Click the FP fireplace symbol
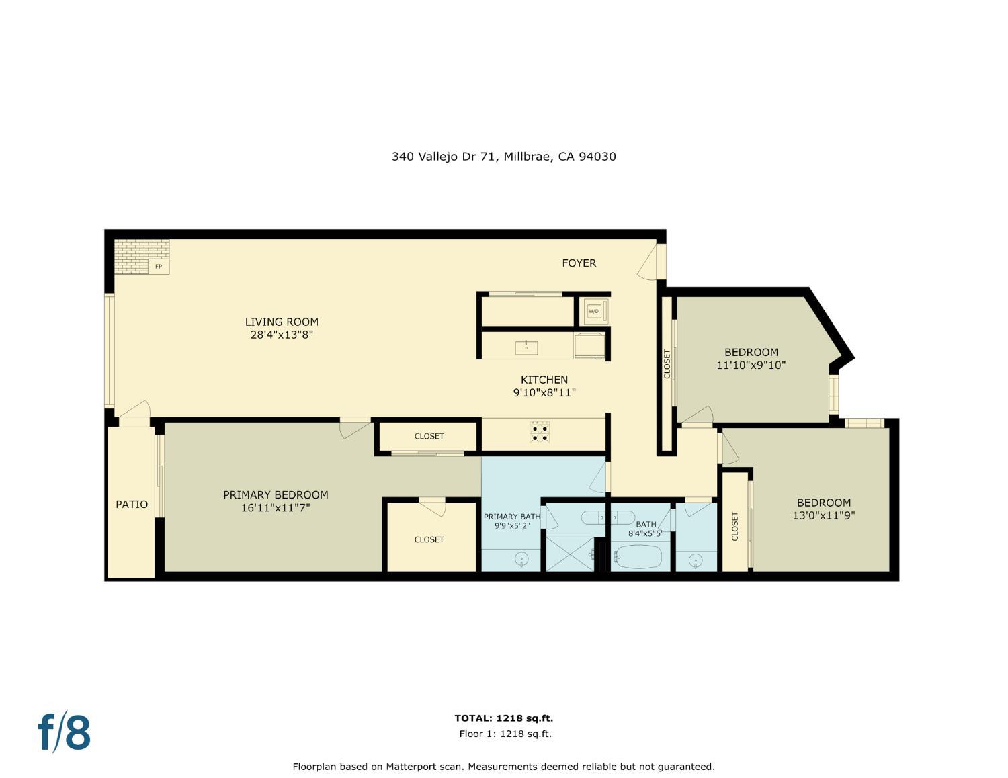click(x=159, y=266)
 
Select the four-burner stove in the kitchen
click(x=540, y=432)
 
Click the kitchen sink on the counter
click(x=526, y=347)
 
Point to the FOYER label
click(x=579, y=263)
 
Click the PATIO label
click(x=132, y=505)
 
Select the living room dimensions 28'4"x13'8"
click(x=282, y=335)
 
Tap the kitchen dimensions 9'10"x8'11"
click(x=544, y=392)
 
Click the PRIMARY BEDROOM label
click(x=276, y=495)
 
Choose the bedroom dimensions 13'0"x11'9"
click(x=824, y=516)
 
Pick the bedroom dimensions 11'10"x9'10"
click(x=751, y=365)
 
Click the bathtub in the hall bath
click(x=638, y=557)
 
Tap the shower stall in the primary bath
click(x=569, y=554)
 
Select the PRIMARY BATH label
click(x=512, y=517)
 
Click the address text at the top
click(x=503, y=157)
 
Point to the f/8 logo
click(x=65, y=732)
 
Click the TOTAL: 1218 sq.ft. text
click(x=503, y=718)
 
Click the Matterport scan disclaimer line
click(x=503, y=767)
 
